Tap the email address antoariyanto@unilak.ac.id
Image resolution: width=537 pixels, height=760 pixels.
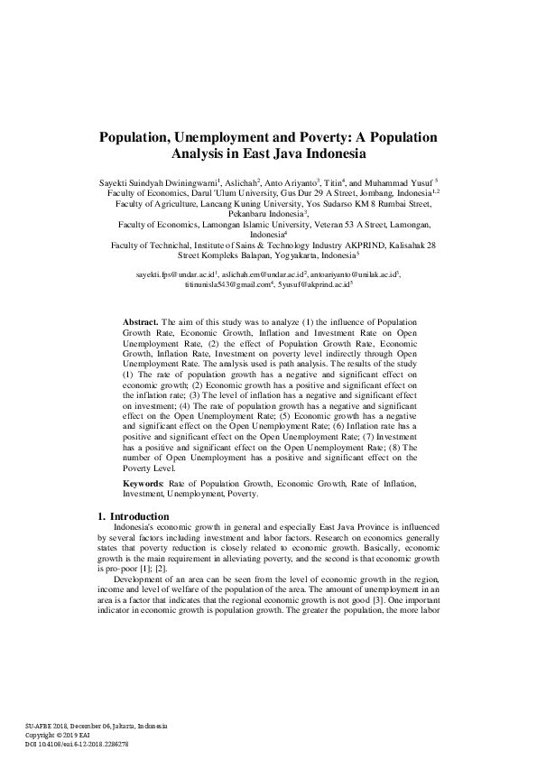359,273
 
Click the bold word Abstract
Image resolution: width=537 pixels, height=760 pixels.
141,321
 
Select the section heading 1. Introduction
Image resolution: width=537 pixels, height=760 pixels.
133,515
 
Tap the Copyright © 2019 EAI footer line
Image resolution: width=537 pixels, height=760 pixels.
59,736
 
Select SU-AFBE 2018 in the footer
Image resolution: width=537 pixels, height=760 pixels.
47,727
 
